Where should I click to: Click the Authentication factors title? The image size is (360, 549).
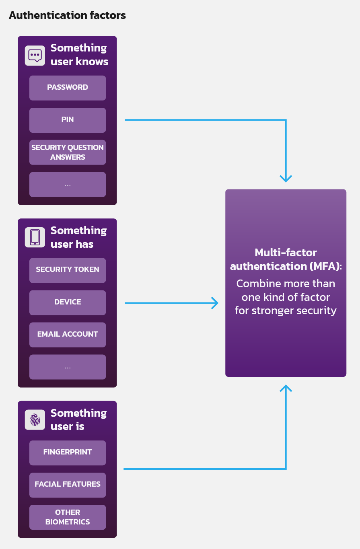[67, 15]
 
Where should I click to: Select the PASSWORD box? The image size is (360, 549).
[68, 88]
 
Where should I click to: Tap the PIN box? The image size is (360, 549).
[68, 120]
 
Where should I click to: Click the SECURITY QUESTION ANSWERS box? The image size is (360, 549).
[68, 152]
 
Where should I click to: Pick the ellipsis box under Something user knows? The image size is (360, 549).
[68, 185]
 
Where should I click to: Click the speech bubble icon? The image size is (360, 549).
[35, 56]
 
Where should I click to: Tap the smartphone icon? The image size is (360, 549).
[35, 237]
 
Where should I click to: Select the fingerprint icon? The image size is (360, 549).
[35, 420]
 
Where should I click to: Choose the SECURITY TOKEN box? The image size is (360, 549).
[68, 270]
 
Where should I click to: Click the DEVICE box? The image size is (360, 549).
[68, 302]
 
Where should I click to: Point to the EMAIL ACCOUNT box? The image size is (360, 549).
[68, 335]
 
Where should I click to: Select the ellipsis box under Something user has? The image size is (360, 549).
[68, 367]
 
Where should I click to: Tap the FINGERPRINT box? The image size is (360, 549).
[68, 452]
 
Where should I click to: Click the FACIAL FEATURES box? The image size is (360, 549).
[68, 485]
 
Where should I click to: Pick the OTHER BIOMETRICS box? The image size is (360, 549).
[68, 517]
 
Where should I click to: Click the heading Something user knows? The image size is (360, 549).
[79, 55]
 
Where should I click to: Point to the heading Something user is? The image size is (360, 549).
[78, 420]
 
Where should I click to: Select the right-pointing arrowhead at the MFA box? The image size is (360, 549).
[215, 303]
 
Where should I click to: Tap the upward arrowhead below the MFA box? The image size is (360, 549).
[286, 389]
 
